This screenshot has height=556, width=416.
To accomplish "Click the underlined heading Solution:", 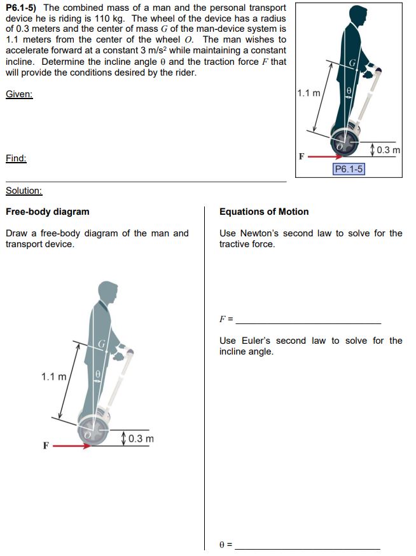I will pos(24,191).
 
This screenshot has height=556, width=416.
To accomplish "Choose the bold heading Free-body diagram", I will pos(47,212).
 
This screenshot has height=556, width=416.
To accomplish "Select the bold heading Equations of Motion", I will pos(264,212).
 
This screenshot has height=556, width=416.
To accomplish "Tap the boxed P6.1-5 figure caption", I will pos(349,168).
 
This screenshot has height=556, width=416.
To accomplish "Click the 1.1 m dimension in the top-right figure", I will pos(309,93).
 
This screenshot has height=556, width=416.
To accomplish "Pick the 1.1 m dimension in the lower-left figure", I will pos(53,377).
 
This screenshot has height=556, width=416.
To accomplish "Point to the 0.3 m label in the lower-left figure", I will pos(140,438).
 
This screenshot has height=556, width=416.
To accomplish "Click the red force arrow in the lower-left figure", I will pos(72,445).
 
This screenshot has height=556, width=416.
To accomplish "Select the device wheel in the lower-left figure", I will pos(95,430).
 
